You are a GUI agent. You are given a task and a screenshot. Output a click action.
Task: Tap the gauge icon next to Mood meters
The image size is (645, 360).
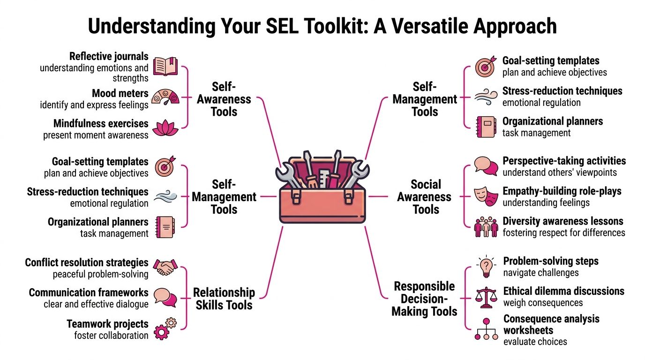[x=166, y=97]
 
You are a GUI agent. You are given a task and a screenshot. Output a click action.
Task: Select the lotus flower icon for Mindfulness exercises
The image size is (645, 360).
[x=166, y=127]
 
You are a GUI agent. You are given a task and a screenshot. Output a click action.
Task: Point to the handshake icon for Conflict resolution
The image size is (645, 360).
[x=165, y=268]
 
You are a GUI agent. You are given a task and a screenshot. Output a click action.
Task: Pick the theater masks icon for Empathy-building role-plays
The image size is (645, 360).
[x=486, y=195]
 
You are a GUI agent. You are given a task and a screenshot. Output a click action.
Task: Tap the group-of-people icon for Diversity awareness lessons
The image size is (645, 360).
[x=486, y=226]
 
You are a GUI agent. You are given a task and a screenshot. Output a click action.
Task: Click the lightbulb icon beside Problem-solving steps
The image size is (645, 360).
[x=486, y=267]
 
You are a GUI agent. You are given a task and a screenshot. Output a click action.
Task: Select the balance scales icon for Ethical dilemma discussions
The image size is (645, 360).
[x=486, y=297]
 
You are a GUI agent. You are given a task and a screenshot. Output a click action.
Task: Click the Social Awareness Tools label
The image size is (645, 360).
[x=426, y=197]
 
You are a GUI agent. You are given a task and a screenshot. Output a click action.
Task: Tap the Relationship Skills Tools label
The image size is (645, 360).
[x=224, y=299]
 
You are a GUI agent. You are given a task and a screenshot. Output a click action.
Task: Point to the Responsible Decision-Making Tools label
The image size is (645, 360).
[x=424, y=299]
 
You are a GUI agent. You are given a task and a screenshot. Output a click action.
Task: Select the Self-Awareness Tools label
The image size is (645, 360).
[x=224, y=99]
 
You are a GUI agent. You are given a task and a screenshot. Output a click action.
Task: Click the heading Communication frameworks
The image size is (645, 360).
[x=89, y=292]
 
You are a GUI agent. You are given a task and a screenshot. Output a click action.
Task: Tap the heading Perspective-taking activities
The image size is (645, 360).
[x=564, y=161]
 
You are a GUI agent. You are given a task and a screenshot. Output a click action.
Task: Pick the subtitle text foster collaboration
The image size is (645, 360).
[x=111, y=335]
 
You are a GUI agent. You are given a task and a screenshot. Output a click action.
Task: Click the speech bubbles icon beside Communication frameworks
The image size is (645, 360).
[x=165, y=298]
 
